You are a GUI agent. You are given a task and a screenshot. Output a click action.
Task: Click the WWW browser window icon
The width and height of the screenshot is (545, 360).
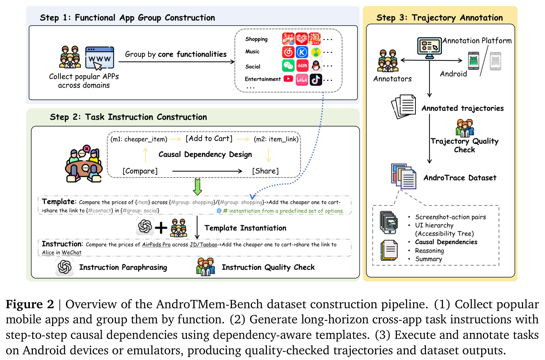pyautogui.click(x=99, y=58)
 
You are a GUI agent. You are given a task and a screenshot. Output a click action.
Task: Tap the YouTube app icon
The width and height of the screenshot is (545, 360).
pyautogui.click(x=288, y=79)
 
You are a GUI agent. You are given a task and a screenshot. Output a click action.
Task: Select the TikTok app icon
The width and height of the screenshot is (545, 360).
pyautogui.click(x=316, y=80)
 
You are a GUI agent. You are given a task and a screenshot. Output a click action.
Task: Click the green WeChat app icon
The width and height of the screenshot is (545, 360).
pyautogui.click(x=288, y=66)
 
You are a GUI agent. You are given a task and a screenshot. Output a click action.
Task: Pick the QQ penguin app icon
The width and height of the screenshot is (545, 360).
pyautogui.click(x=316, y=65)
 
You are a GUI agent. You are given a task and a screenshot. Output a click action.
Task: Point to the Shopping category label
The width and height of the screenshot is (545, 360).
pyautogui.click(x=256, y=39)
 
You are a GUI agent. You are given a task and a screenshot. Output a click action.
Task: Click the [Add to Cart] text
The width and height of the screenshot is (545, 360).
pyautogui.click(x=209, y=139)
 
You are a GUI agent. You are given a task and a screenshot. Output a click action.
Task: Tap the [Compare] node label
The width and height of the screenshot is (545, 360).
pyautogui.click(x=140, y=171)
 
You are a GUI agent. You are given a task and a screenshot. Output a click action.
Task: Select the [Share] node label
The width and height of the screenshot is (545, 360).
pyautogui.click(x=266, y=171)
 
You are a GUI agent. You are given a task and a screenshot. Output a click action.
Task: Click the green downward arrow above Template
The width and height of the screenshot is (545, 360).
pyautogui.click(x=197, y=187)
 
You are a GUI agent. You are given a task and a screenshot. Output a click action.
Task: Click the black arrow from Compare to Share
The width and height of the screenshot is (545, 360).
pyautogui.click(x=207, y=171)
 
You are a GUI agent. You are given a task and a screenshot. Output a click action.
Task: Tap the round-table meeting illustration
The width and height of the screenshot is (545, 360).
pyautogui.click(x=84, y=163)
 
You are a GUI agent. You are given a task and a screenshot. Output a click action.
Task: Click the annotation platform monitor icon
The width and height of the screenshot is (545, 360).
pyautogui.click(x=429, y=48)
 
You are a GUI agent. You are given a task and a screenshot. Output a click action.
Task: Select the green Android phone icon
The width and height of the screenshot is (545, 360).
pyautogui.click(x=474, y=61)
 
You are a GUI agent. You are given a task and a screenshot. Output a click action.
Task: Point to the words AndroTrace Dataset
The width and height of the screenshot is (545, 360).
pyautogui.click(x=460, y=178)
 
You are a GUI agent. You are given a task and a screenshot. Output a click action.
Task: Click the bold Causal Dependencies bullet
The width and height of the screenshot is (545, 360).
pyautogui.click(x=446, y=242)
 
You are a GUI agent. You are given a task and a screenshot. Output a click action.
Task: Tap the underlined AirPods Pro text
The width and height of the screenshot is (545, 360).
pyautogui.click(x=156, y=244)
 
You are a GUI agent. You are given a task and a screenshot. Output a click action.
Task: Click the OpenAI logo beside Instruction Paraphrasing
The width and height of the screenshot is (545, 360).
pyautogui.click(x=65, y=267)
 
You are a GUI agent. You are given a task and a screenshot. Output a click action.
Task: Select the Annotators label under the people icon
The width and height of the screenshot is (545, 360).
pyautogui.click(x=392, y=79)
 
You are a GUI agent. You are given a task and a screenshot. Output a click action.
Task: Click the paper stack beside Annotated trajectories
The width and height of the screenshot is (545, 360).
pyautogui.click(x=403, y=107)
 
